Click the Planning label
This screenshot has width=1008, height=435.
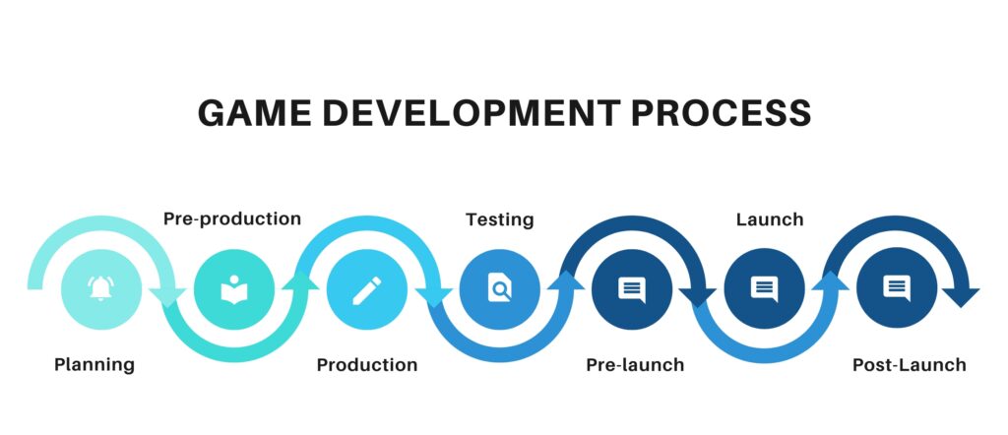click(94, 365)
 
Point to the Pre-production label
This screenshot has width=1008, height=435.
click(232, 218)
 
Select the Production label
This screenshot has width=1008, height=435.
click(367, 365)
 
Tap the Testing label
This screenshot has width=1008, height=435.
click(500, 218)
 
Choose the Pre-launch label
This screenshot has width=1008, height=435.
click(635, 365)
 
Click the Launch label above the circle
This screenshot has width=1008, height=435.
click(770, 218)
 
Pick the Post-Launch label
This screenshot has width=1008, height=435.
click(909, 365)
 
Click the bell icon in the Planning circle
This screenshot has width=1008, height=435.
click(100, 289)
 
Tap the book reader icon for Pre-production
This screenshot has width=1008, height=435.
click(233, 289)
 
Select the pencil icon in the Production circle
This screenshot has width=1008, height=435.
click(367, 289)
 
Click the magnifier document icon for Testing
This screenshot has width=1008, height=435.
click(500, 289)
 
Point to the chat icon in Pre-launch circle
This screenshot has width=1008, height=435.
click(632, 289)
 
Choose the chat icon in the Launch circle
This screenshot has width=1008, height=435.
click(764, 289)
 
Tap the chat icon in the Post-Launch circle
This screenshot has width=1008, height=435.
click(896, 289)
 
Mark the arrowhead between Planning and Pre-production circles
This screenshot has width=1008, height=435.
click(168, 294)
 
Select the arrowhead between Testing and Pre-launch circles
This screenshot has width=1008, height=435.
click(565, 281)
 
